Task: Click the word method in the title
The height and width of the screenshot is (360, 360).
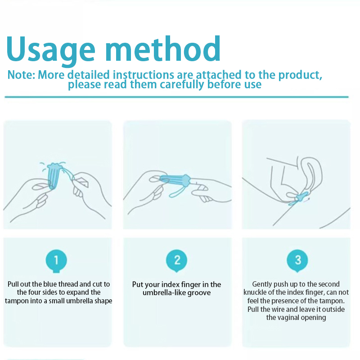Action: [162, 49]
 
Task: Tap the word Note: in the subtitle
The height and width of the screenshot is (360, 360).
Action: [21, 75]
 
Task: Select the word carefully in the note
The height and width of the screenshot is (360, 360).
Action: [182, 85]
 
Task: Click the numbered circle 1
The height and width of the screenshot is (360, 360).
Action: [56, 261]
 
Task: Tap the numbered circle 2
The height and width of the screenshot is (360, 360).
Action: [176, 261]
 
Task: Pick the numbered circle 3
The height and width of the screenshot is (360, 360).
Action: [297, 261]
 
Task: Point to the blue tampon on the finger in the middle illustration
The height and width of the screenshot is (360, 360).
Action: [175, 181]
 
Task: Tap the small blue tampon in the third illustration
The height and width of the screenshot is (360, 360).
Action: [302, 197]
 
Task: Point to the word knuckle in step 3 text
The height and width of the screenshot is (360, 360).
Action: [256, 292]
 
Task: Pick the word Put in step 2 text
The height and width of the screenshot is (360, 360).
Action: [138, 284]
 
